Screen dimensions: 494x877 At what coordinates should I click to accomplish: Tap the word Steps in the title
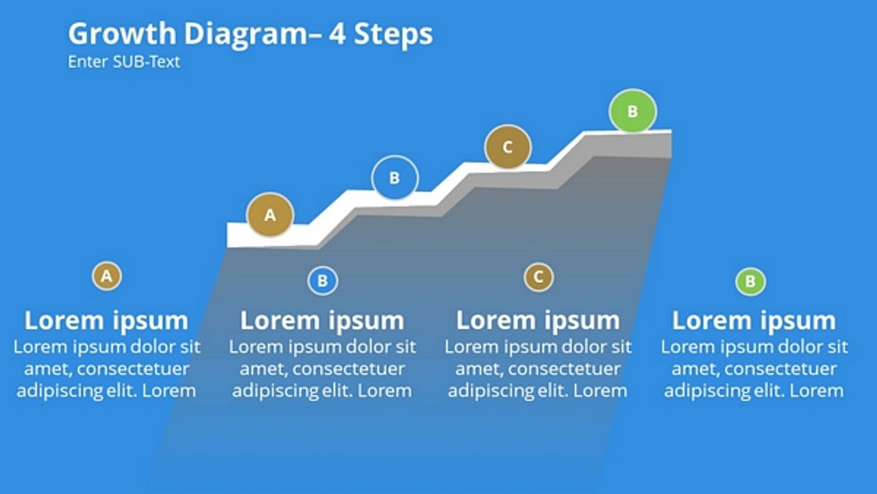click(393, 34)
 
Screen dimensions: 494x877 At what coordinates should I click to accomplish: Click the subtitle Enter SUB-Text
click(124, 62)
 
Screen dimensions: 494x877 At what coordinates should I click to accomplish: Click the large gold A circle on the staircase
click(270, 215)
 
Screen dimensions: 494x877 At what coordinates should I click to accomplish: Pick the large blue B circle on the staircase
click(395, 178)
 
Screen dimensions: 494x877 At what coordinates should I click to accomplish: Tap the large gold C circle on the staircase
click(508, 147)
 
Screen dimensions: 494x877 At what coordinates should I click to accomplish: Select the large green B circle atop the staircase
click(632, 110)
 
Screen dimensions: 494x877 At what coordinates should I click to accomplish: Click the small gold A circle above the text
click(106, 276)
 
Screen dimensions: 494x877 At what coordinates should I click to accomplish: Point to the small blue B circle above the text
click(323, 281)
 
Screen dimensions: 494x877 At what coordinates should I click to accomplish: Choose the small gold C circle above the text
click(539, 277)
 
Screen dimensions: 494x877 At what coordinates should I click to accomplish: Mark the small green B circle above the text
click(750, 282)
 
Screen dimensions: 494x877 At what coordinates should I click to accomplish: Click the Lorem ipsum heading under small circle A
click(106, 320)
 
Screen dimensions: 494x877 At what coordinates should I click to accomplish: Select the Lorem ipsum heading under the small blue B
click(322, 320)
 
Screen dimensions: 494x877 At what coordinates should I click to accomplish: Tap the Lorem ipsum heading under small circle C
click(538, 320)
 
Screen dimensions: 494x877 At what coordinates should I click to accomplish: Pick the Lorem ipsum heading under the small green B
click(754, 320)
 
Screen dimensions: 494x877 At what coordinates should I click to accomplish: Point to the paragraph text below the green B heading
click(754, 369)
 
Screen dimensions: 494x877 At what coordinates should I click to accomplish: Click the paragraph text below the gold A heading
click(106, 369)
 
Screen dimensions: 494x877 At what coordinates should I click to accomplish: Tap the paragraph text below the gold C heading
click(538, 369)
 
